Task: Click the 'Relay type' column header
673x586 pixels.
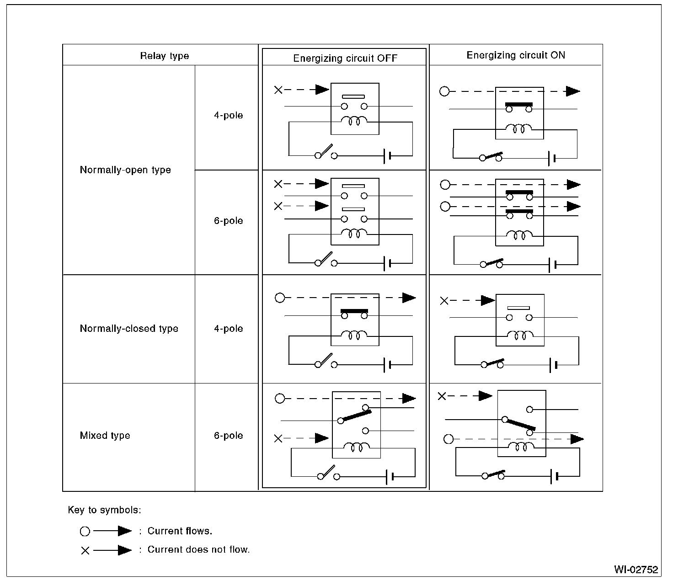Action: tap(164, 56)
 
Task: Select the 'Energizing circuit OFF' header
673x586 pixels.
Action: tap(345, 59)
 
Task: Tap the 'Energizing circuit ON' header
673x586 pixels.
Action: tap(516, 55)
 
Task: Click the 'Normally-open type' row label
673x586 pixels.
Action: tap(125, 170)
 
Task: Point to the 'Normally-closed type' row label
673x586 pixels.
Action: tap(129, 329)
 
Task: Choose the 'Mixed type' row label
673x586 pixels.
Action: tap(105, 436)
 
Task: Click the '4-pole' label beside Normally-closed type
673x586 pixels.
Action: tap(228, 329)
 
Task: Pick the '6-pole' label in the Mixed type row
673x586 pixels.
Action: tap(228, 436)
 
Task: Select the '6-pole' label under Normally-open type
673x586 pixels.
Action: tap(228, 221)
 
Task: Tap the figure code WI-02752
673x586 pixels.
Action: tap(636, 570)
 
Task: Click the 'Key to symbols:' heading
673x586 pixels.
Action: tap(104, 510)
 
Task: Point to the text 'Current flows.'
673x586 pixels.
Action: tap(180, 531)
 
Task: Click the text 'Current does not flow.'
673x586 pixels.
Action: tap(198, 550)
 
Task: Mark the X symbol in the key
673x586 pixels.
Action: tap(85, 551)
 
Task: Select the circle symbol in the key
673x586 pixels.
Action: tap(85, 532)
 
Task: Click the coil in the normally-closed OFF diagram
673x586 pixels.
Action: tap(354, 335)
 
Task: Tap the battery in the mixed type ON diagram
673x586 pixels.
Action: tap(555, 476)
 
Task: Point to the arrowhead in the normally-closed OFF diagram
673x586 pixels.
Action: tap(409, 298)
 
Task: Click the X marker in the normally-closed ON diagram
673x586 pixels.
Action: tap(444, 301)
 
